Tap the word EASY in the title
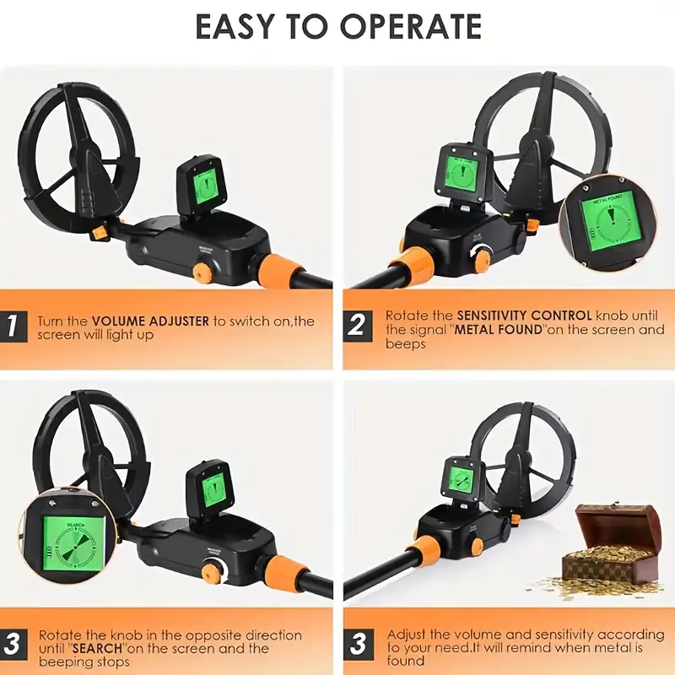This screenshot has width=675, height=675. coord(228,27)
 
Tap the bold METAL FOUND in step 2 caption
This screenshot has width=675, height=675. coord(498,329)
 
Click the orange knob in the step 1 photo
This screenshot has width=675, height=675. coord(202,272)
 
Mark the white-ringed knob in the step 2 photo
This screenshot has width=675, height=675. coord(482,258)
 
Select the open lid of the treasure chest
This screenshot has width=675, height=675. coord(613,523)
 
